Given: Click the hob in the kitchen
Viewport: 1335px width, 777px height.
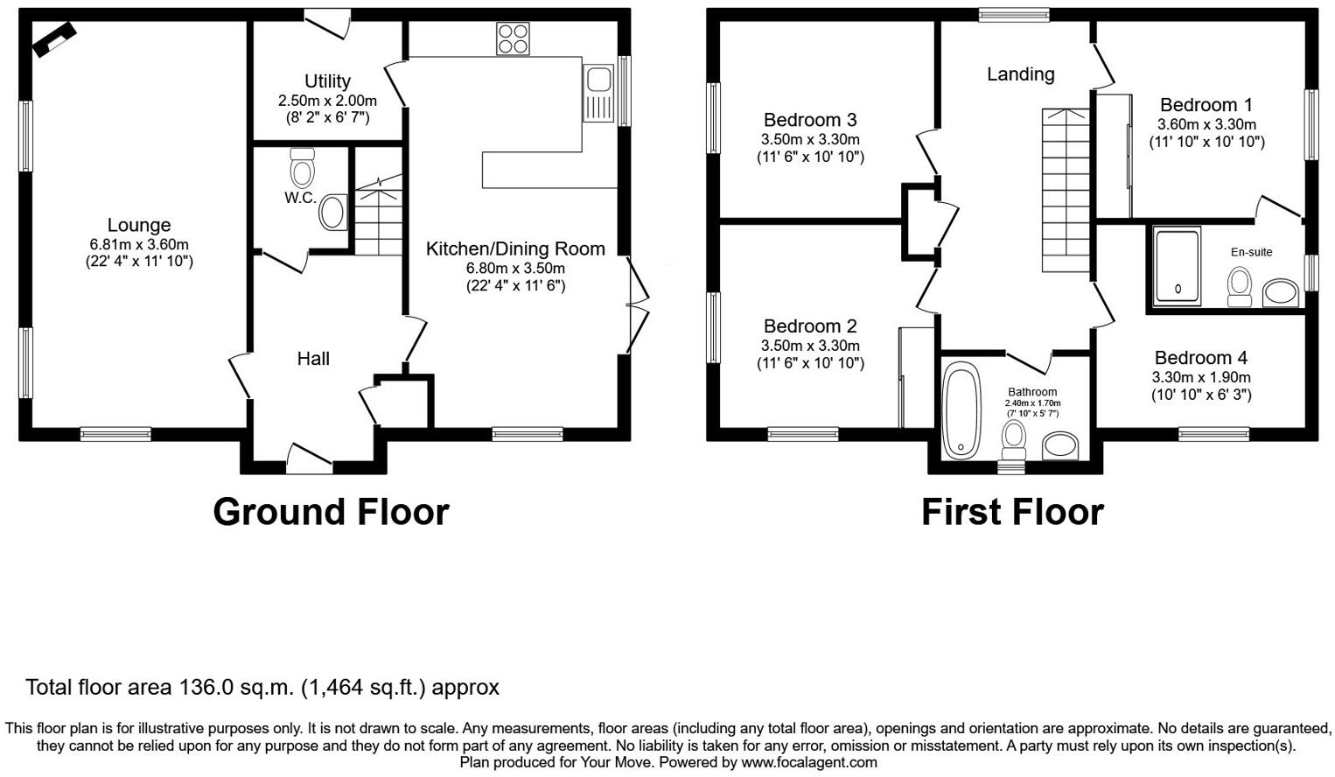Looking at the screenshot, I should [513, 38].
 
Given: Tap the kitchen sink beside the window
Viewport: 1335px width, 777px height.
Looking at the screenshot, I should [599, 92].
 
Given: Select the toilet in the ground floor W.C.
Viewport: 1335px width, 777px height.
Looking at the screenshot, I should [302, 166].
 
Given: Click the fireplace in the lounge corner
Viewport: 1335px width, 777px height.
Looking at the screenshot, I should [54, 39].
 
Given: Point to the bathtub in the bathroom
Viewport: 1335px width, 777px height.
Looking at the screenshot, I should [961, 409].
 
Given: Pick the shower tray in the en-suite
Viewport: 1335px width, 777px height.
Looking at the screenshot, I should [1177, 266].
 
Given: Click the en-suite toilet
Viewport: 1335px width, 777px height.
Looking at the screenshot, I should [1240, 287].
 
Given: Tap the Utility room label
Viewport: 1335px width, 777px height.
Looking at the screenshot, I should [327, 81].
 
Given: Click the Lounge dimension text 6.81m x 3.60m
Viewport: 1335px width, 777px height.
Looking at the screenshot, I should [139, 244].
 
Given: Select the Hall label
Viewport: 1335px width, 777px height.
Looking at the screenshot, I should [313, 358].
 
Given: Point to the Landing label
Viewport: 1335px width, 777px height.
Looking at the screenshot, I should [1020, 74].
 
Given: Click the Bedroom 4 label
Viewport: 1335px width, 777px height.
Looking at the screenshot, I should [1200, 358].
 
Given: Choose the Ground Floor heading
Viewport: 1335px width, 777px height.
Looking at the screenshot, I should [331, 512].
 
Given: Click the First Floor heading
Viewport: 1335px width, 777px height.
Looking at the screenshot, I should [1012, 512].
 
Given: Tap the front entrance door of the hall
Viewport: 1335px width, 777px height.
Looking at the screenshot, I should [310, 458].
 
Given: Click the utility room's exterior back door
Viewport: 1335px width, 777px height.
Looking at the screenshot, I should [327, 23].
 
